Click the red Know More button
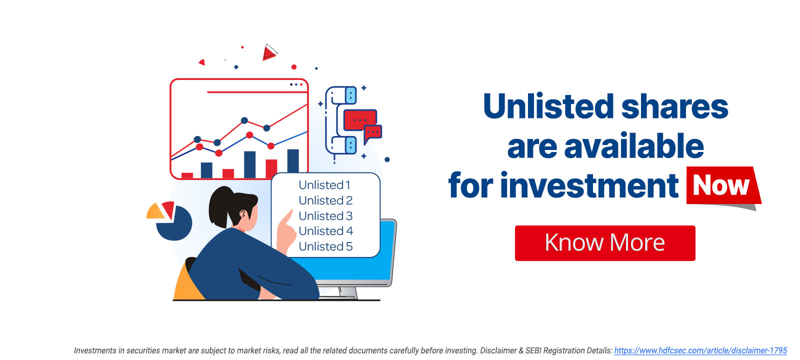tap(604, 243)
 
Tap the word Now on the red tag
tap(720, 185)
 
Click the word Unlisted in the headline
tap(548, 107)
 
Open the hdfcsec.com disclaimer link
tap(700, 350)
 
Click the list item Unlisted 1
tap(324, 185)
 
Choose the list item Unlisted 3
tap(325, 216)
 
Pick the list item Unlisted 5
tap(325, 246)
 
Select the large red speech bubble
tap(359, 120)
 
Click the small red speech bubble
tap(372, 133)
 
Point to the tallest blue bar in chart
tap(293, 161)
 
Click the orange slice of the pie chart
tap(155, 212)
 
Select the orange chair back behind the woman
tap(185, 285)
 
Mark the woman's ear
tap(243, 214)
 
